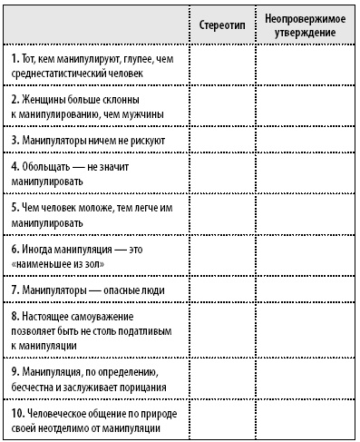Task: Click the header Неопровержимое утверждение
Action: coord(303,25)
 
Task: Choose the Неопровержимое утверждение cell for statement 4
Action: coord(303,173)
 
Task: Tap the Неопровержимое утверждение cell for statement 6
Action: coord(303,253)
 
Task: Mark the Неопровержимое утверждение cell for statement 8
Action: coord(303,329)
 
